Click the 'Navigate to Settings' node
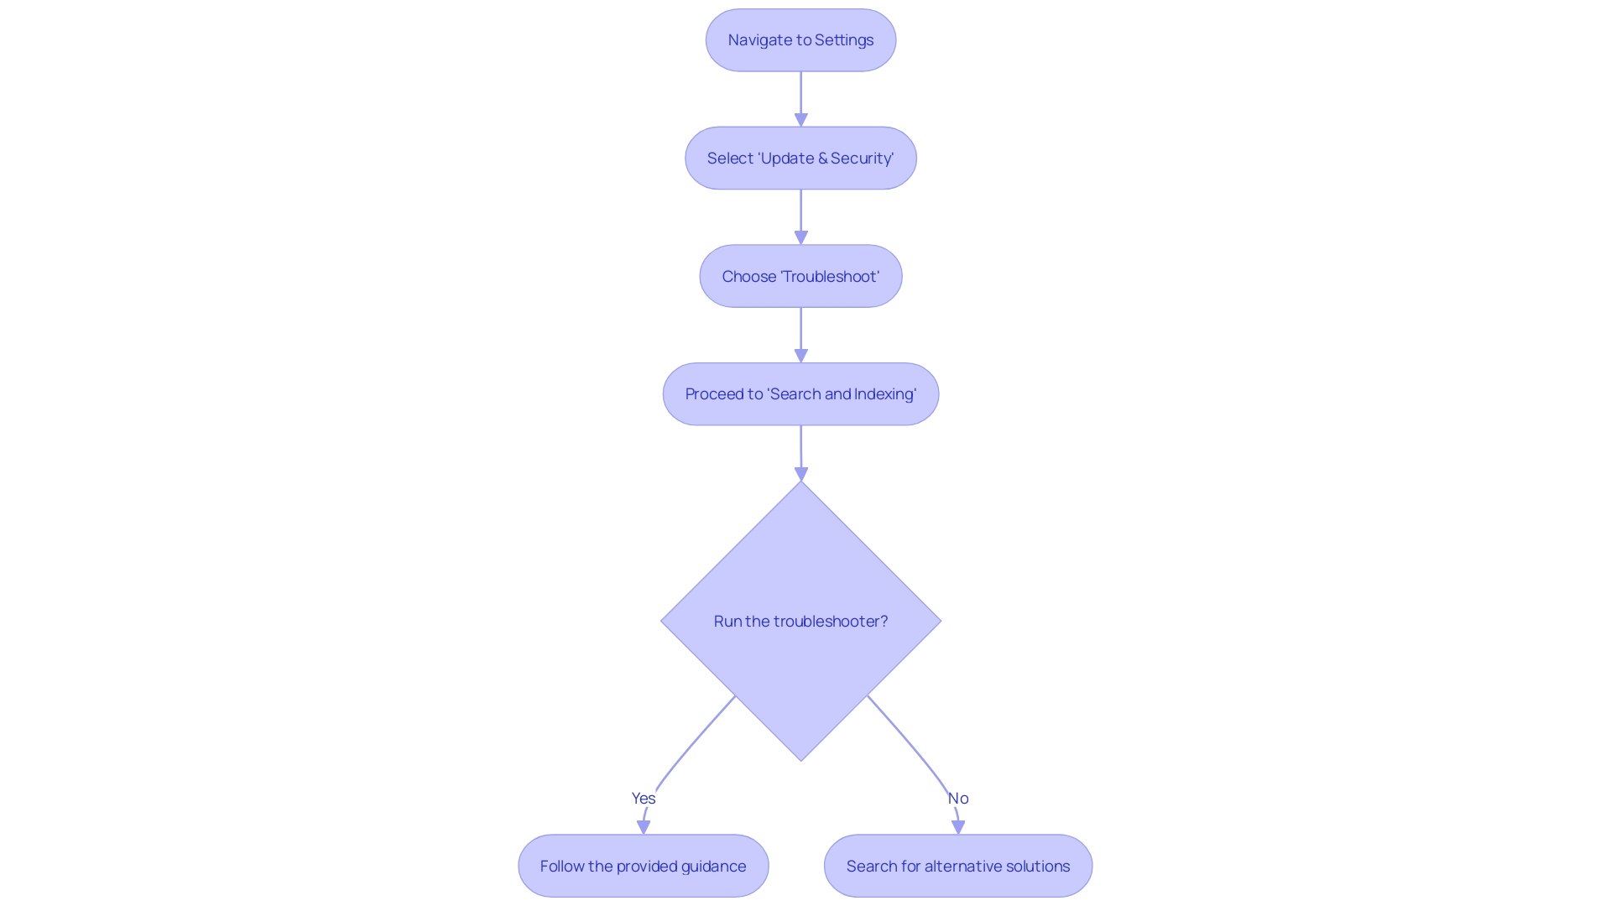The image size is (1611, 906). [x=800, y=40]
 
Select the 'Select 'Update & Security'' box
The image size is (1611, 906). [x=800, y=159]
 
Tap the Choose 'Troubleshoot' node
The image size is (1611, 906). [x=800, y=277]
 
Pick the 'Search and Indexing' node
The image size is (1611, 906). [x=800, y=394]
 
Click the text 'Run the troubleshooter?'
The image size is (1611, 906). [x=800, y=622]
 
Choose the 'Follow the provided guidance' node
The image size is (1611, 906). [x=643, y=866]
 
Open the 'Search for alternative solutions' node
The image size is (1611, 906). [x=957, y=866]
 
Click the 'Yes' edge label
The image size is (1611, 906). [x=644, y=799]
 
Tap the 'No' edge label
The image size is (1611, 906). [x=958, y=799]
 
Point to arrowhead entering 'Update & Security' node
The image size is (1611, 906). [x=800, y=121]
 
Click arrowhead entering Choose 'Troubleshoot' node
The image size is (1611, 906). [x=800, y=239]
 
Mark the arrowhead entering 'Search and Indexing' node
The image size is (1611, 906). [x=800, y=357]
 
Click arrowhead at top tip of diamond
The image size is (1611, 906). [x=800, y=475]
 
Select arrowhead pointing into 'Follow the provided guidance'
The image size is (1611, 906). [x=644, y=828]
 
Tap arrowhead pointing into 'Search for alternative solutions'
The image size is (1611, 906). [x=958, y=828]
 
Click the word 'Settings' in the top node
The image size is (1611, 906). [x=844, y=40]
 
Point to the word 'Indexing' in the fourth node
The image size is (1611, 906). [x=885, y=394]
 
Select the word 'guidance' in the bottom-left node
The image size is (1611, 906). [x=713, y=866]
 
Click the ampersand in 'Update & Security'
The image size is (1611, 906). [x=822, y=159]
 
